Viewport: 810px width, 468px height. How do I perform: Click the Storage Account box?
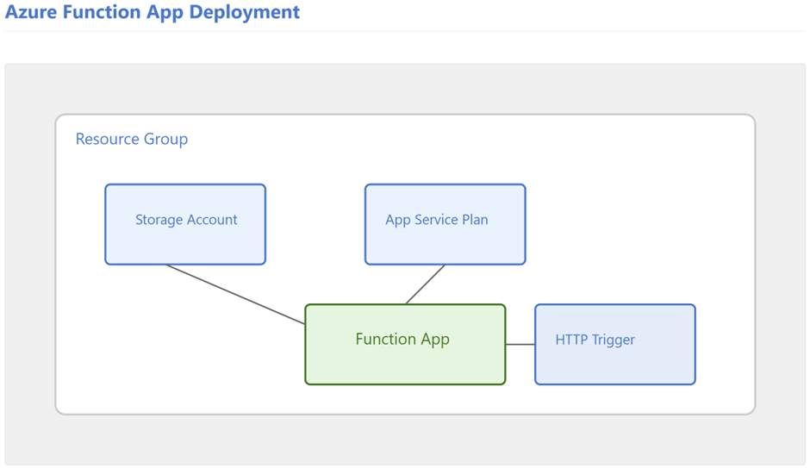click(185, 224)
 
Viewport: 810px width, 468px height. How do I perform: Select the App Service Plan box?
click(445, 224)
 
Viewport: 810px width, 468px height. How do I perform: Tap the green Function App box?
click(406, 344)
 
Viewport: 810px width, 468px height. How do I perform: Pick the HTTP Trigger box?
click(615, 344)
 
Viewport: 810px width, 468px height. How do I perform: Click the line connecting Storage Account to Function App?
click(235, 295)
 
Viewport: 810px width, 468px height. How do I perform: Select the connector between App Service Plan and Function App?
click(425, 284)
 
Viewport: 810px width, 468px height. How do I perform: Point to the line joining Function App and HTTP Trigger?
click(520, 344)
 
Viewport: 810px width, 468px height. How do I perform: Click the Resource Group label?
click(132, 139)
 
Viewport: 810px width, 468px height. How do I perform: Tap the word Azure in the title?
click(32, 12)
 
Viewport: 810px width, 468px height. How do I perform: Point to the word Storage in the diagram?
click(159, 220)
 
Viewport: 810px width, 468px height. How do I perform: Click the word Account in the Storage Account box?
click(212, 220)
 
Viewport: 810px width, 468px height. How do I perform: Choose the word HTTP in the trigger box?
click(571, 340)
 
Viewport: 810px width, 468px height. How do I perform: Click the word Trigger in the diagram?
click(614, 340)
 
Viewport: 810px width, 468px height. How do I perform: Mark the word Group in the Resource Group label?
click(165, 140)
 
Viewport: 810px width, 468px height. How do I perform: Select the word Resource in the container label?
click(108, 139)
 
